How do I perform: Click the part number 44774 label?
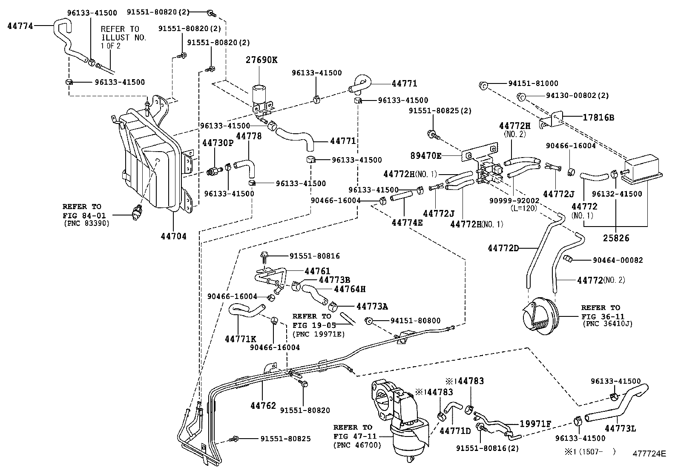coord(20,26)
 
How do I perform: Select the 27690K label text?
coord(261,60)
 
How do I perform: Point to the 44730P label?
coord(218,143)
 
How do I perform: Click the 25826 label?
coord(615,238)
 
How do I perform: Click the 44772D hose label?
coord(503,248)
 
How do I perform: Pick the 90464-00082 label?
coord(618,260)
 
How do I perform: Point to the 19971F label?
coord(535,424)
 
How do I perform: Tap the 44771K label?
coord(240,339)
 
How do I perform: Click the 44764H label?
coord(350,289)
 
